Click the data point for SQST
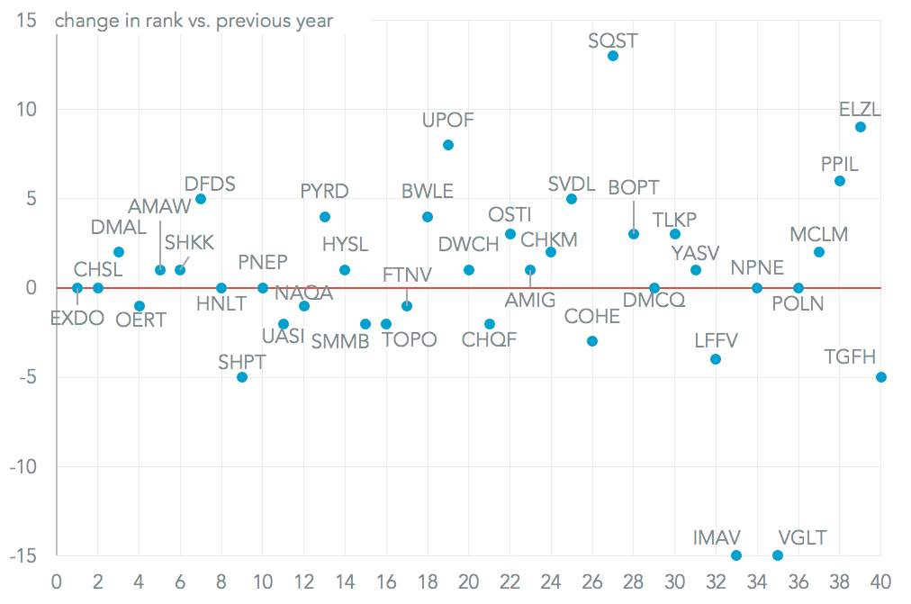point(613,56)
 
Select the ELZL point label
point(860,110)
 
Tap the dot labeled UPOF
point(448,145)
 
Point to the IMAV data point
point(736,555)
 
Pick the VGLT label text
point(801,538)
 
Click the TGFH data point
point(881,377)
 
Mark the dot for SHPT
point(242,377)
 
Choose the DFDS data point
point(201,199)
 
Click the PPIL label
point(839,164)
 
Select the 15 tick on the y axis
point(26,21)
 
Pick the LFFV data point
point(716,359)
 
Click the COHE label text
point(591,317)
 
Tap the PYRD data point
point(325,217)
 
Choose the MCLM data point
point(819,252)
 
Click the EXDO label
point(77,317)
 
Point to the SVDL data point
point(572,199)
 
